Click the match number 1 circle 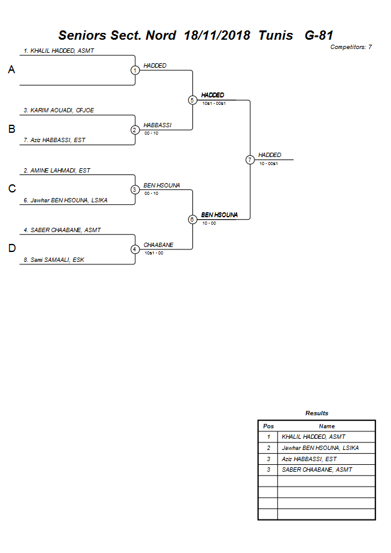pos(135,70)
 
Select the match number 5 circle pos(192,100)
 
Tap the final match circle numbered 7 pos(249,160)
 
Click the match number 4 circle pos(135,250)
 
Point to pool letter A pos(11,70)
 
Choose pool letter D pos(11,249)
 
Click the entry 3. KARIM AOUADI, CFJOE pos(59,110)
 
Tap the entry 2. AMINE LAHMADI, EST pos(57,170)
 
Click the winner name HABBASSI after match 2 pos(157,125)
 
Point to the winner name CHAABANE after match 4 pos(158,245)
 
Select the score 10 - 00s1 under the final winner pos(268,163)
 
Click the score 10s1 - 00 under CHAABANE pos(153,253)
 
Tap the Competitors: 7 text pos(351,47)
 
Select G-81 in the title pos(319,35)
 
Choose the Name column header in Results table pos(326,426)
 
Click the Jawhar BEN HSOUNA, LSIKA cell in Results pos(320,448)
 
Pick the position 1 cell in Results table pos(268,437)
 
